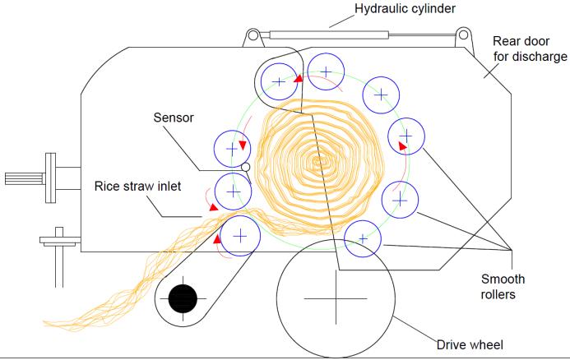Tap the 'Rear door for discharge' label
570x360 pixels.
click(529, 48)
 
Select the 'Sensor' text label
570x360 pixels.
click(174, 118)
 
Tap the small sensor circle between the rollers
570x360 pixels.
click(245, 168)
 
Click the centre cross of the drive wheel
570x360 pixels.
click(336, 299)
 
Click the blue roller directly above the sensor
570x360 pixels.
click(231, 149)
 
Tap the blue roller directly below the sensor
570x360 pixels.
click(233, 191)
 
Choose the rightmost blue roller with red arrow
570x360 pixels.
click(405, 135)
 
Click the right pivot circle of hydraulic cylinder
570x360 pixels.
click(465, 35)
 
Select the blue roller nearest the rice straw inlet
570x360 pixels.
click(240, 235)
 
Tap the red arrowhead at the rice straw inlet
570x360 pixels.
click(213, 208)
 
